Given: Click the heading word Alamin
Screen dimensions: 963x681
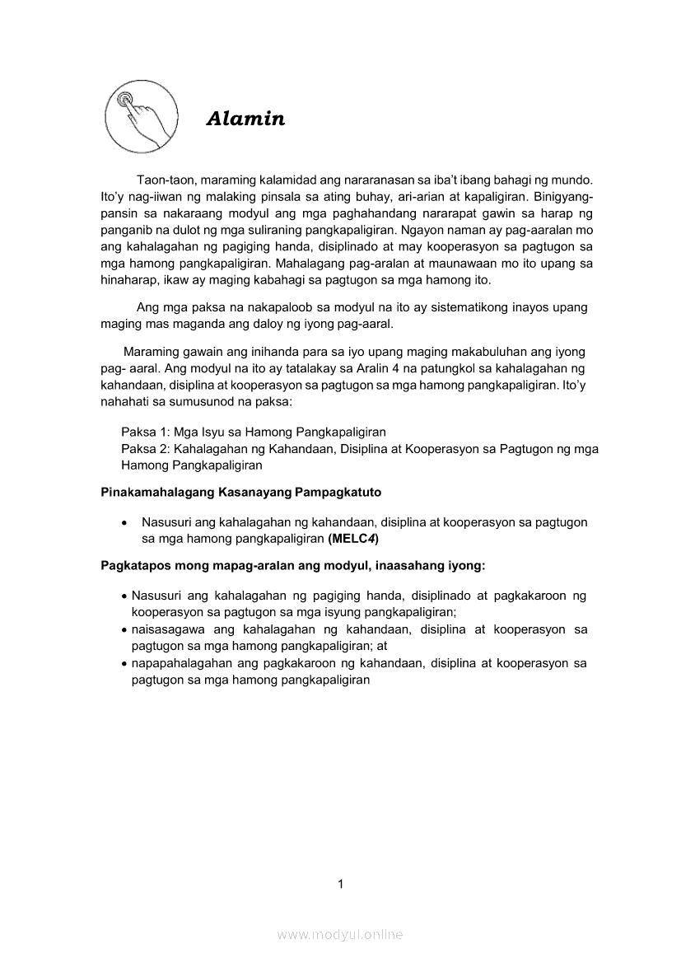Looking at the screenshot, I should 245,119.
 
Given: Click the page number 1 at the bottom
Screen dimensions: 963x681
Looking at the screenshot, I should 340,884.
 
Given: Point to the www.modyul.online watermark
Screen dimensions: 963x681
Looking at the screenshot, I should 340,934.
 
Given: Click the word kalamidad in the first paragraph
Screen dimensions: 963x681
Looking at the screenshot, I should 281,180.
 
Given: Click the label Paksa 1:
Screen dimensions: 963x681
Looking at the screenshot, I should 145,432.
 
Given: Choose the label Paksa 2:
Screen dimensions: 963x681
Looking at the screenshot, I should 145,449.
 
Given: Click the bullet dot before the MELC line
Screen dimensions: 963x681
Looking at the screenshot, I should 123,522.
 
